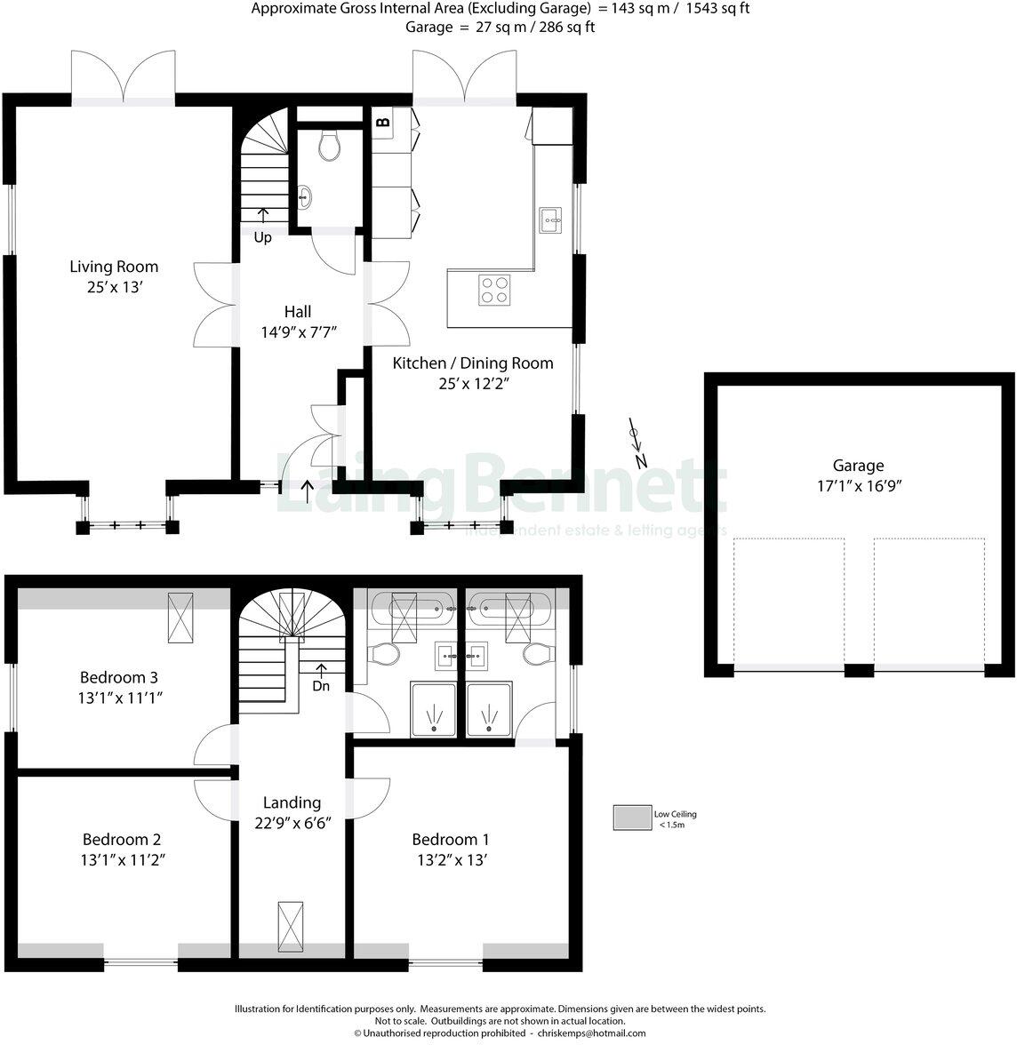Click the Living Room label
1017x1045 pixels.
pyautogui.click(x=114, y=267)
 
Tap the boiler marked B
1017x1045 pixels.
pyautogui.click(x=383, y=122)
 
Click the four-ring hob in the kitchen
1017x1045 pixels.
pyautogui.click(x=494, y=290)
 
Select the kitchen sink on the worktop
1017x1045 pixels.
pyautogui.click(x=550, y=219)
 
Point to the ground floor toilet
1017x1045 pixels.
pyautogui.click(x=329, y=146)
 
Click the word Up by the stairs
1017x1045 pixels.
pyautogui.click(x=262, y=237)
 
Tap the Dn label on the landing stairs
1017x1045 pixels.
pyautogui.click(x=320, y=686)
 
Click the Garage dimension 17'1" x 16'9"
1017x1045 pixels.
pyautogui.click(x=858, y=486)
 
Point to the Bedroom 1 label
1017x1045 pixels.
pyautogui.click(x=450, y=840)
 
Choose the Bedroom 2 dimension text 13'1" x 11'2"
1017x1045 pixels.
pyautogui.click(x=122, y=860)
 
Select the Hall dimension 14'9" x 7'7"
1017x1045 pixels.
pyautogui.click(x=298, y=332)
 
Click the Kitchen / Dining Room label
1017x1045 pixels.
pyautogui.click(x=473, y=363)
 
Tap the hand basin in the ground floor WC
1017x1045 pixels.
pyautogui.click(x=304, y=196)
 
